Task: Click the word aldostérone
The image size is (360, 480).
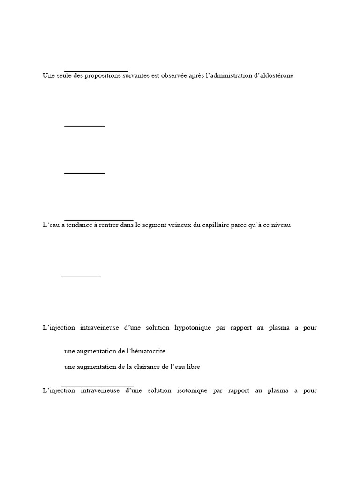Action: [x=275, y=75]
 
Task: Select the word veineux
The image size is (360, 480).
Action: [x=185, y=225]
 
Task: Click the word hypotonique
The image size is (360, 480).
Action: [x=193, y=328]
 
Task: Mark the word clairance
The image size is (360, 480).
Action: [x=147, y=367]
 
